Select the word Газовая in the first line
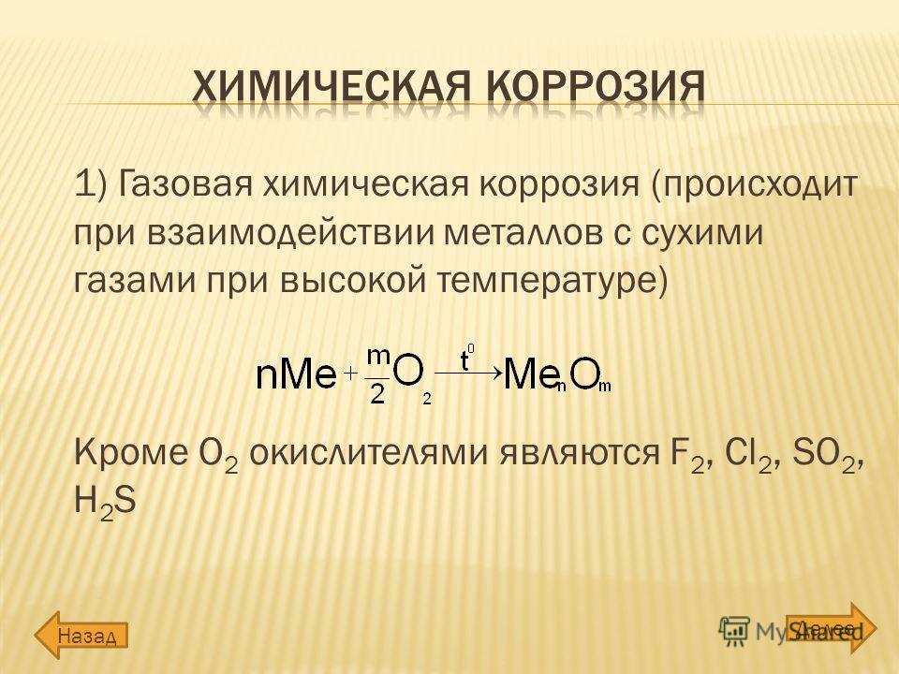[x=186, y=185]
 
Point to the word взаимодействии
[x=289, y=234]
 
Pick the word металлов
[x=524, y=234]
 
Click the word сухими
[x=701, y=234]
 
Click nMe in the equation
[x=295, y=375]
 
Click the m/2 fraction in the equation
[x=377, y=375]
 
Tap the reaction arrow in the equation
[x=467, y=374]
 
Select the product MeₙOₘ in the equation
[x=557, y=376]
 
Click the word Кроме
[x=131, y=453]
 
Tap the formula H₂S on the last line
[x=106, y=502]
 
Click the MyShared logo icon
[x=734, y=631]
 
